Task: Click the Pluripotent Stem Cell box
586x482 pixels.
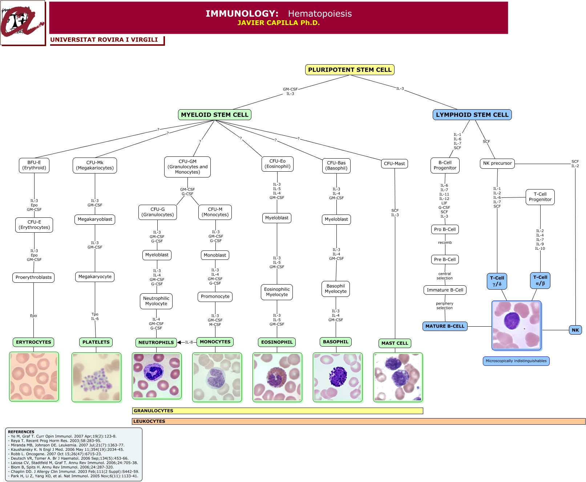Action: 349,70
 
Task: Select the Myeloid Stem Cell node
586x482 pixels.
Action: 214,115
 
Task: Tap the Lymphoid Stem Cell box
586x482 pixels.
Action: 472,115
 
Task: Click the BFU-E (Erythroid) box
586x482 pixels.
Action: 34,166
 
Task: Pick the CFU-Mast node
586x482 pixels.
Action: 394,164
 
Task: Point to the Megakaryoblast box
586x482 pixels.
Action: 95,219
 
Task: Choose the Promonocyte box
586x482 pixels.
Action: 215,297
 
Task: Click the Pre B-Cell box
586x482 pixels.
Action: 445,260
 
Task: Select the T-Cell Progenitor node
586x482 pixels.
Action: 540,197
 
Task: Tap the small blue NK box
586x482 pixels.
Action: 575,330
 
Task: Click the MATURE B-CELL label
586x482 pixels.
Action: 445,326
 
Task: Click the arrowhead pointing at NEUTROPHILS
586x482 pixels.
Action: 179,342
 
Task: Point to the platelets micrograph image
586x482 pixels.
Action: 96,377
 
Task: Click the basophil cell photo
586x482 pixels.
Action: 338,377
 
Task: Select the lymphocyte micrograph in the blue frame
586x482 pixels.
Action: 516,325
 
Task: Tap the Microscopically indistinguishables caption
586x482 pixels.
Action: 516,361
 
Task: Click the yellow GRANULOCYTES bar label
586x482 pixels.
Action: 153,411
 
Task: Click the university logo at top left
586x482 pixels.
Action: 23,23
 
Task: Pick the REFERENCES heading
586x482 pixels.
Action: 21,432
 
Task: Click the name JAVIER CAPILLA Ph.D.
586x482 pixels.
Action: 278,23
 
